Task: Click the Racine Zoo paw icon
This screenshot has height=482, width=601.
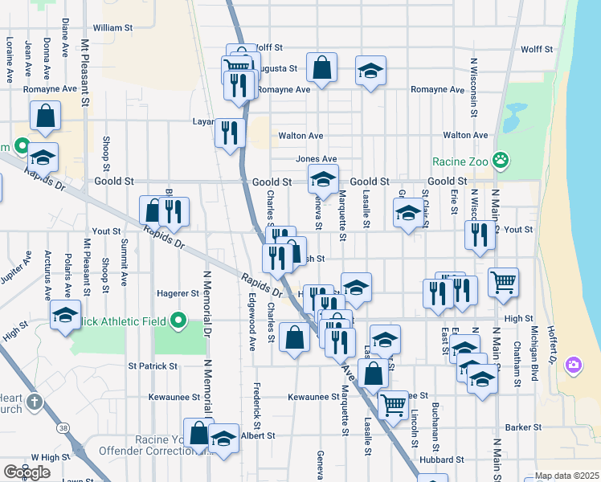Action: pos(501,161)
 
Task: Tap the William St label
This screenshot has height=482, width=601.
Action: pos(112,27)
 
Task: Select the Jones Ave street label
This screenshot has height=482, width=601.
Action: pos(316,159)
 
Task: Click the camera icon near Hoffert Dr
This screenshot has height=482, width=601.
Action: pos(573,366)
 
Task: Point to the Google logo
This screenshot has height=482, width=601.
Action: pos(27,472)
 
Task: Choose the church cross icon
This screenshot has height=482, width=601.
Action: pos(35,401)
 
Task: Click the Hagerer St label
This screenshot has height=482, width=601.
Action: pos(178,293)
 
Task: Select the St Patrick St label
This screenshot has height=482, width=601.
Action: pos(153,366)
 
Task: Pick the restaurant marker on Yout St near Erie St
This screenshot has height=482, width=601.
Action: pos(480,235)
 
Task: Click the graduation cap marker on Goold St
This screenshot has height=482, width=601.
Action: pos(323,179)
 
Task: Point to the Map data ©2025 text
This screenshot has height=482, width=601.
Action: pos(567,476)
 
